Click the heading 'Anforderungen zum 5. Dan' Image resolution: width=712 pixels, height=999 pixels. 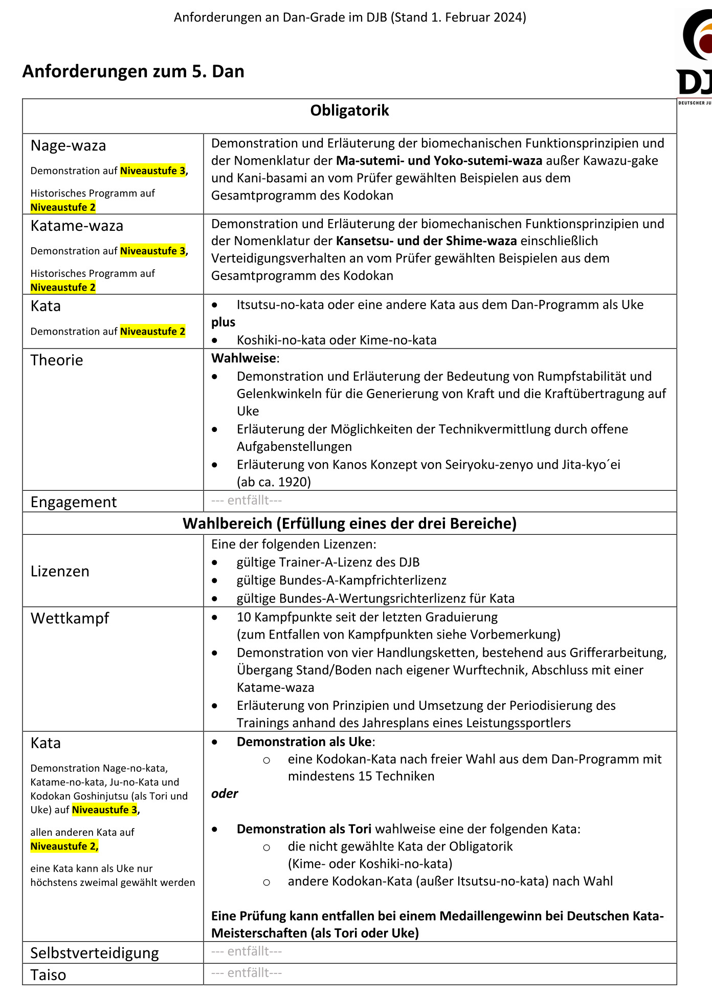coord(133,71)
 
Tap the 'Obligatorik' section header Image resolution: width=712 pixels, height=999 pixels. coord(349,111)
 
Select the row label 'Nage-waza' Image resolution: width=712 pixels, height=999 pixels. coord(68,146)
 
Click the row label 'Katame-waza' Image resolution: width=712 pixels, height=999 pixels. coord(77,226)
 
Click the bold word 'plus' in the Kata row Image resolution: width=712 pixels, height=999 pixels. coord(223,322)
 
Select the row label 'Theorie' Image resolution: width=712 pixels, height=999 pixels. coord(56,360)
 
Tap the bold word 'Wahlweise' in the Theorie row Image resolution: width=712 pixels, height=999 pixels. coord(243,358)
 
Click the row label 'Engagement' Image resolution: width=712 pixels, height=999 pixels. coord(74,502)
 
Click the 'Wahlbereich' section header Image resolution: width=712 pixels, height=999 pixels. coord(349,524)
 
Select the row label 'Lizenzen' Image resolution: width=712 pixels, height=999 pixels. coord(60,571)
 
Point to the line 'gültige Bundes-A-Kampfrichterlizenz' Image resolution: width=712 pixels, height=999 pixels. coord(341,580)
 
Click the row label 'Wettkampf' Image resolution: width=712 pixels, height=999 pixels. coord(70,618)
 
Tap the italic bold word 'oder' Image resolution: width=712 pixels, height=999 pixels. coord(225,794)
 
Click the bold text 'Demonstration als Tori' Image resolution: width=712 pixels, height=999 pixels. coord(304,829)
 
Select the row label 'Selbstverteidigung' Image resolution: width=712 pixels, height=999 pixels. coord(95,953)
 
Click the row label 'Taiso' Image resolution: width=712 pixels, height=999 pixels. coord(48,975)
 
